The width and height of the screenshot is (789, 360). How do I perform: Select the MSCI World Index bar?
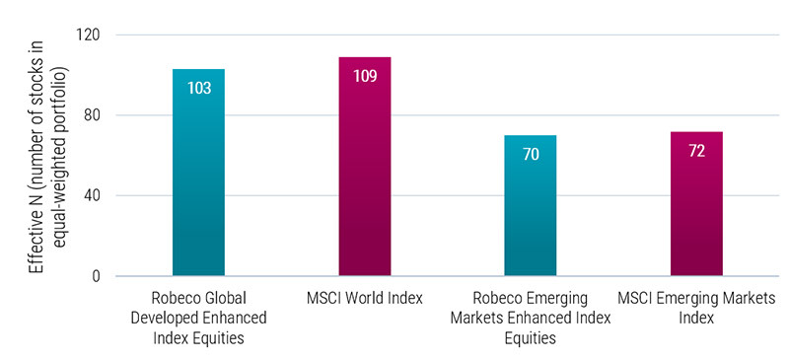click(365, 167)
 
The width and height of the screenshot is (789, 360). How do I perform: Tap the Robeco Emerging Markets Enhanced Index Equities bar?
click(531, 206)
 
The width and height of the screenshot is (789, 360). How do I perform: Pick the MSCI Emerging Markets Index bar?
click(696, 204)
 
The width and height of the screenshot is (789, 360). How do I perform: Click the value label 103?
click(198, 88)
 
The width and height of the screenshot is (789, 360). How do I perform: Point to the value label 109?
click(365, 76)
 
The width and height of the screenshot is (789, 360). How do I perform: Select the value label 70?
click(531, 154)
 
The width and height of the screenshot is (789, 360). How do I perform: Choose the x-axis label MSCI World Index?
click(365, 298)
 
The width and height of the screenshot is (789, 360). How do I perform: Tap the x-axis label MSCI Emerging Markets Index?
click(696, 306)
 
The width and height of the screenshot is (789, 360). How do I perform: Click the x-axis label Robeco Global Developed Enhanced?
click(198, 306)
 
